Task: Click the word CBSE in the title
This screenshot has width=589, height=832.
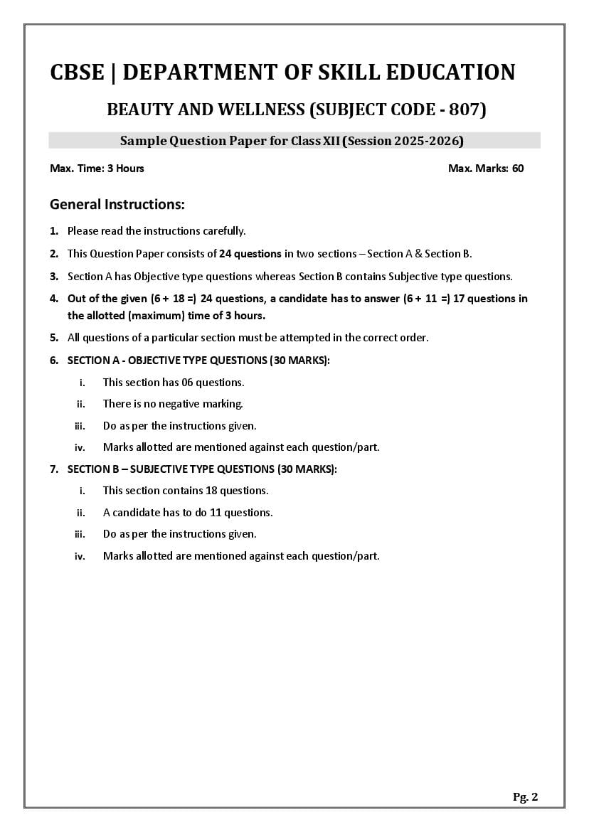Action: (76, 73)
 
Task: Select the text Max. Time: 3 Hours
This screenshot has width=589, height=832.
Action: (97, 169)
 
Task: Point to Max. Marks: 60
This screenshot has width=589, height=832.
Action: (486, 169)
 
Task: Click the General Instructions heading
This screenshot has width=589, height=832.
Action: (117, 205)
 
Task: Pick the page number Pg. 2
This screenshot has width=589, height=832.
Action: (525, 797)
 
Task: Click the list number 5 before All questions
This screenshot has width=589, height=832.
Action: (54, 338)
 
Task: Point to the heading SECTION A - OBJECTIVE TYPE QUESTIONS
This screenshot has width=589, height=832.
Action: (198, 361)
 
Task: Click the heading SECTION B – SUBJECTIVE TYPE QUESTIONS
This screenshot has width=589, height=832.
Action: (202, 469)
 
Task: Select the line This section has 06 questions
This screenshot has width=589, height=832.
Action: (174, 383)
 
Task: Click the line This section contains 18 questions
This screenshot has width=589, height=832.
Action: (186, 491)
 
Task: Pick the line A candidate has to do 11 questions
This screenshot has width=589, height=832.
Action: (188, 513)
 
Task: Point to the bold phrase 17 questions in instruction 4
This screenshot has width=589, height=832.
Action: (481, 299)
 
